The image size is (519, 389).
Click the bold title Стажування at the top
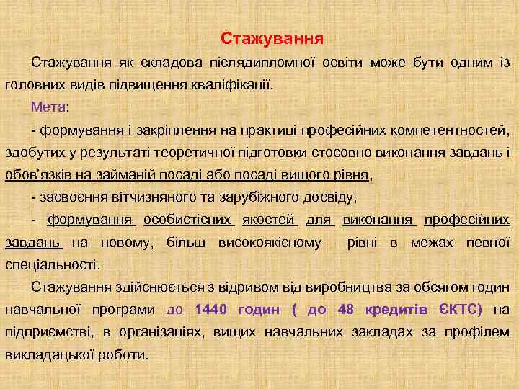pos(272,37)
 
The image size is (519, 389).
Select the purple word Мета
pos(48,107)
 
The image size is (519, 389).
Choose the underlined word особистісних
pos(189,219)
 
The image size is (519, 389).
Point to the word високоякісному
pos(270,242)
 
